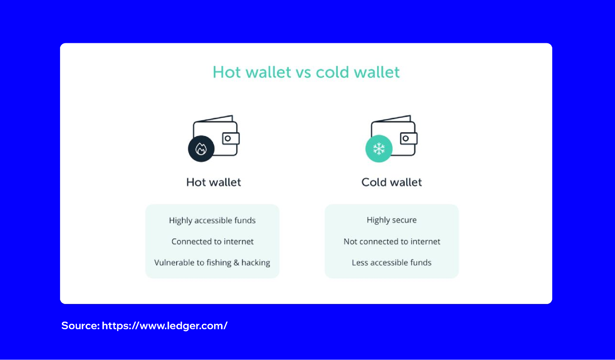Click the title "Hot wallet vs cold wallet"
click(x=306, y=73)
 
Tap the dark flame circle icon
click(x=201, y=149)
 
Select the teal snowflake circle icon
click(x=379, y=149)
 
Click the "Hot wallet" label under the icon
click(x=214, y=182)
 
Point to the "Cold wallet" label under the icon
click(x=391, y=182)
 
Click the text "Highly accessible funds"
click(x=212, y=220)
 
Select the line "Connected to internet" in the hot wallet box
click(x=212, y=242)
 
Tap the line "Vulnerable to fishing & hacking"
click(x=212, y=263)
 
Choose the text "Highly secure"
click(x=391, y=220)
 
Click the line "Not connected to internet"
click(x=392, y=242)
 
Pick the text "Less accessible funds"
click(x=391, y=263)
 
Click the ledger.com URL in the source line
click(x=165, y=326)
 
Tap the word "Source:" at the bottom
click(x=80, y=326)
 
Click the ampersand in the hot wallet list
click(x=236, y=263)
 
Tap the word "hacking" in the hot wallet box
click(x=256, y=263)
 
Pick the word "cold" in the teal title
click(x=332, y=73)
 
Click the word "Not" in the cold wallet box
click(x=350, y=242)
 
